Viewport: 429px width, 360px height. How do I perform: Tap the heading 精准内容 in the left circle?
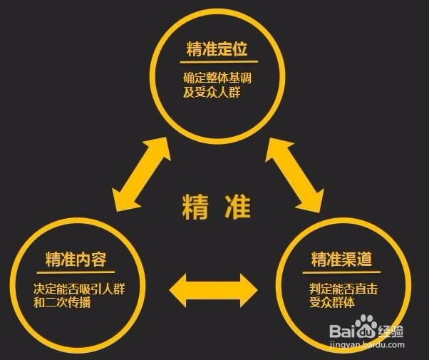point(76,258)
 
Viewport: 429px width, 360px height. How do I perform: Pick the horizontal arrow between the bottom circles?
point(213,289)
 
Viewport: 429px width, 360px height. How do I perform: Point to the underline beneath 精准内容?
point(76,271)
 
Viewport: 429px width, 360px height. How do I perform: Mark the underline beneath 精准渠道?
point(342,271)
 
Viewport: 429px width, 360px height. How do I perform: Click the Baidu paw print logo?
point(368,329)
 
